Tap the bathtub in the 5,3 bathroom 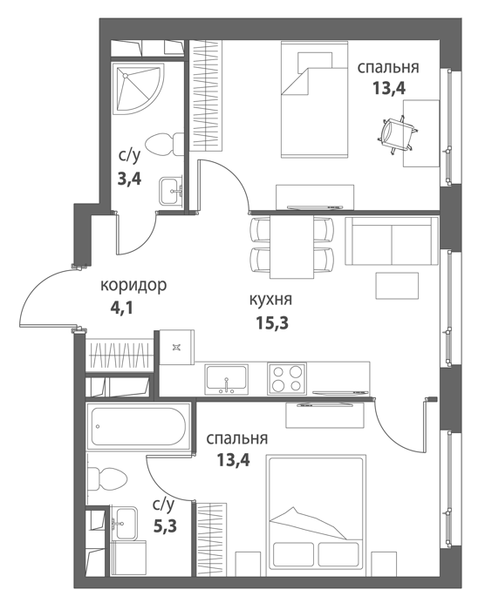tap(139, 427)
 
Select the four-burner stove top tap(287, 378)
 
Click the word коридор tap(133, 286)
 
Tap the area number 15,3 tap(272, 322)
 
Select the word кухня tap(270, 300)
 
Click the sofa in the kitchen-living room tap(392, 241)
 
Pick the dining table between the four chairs tap(291, 247)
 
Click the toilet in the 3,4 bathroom tap(164, 145)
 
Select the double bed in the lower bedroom tap(316, 512)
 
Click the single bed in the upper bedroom tap(314, 100)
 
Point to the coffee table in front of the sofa tap(397, 286)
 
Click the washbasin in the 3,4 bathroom tap(171, 191)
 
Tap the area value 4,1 tap(122, 308)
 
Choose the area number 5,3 tap(165, 526)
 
